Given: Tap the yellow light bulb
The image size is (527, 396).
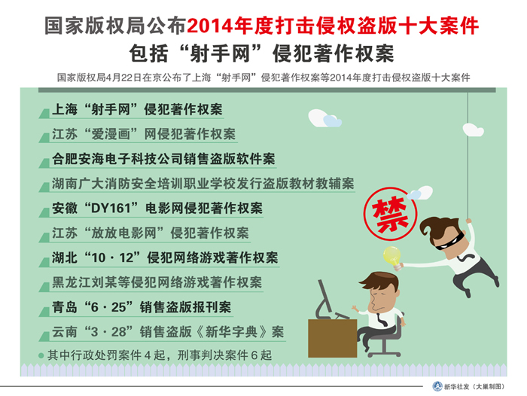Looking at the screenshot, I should pyautogui.click(x=391, y=256).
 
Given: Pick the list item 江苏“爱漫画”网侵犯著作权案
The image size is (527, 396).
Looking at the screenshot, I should pyautogui.click(x=143, y=135).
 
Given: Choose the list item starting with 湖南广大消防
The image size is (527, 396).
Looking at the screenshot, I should pyautogui.click(x=203, y=184).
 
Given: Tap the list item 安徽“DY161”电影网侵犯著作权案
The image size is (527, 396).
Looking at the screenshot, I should pyautogui.click(x=157, y=208).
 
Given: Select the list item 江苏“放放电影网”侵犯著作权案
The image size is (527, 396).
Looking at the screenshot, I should pyautogui.click(x=151, y=233).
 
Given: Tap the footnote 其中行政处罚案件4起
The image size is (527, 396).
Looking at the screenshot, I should pyautogui.click(x=157, y=353).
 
